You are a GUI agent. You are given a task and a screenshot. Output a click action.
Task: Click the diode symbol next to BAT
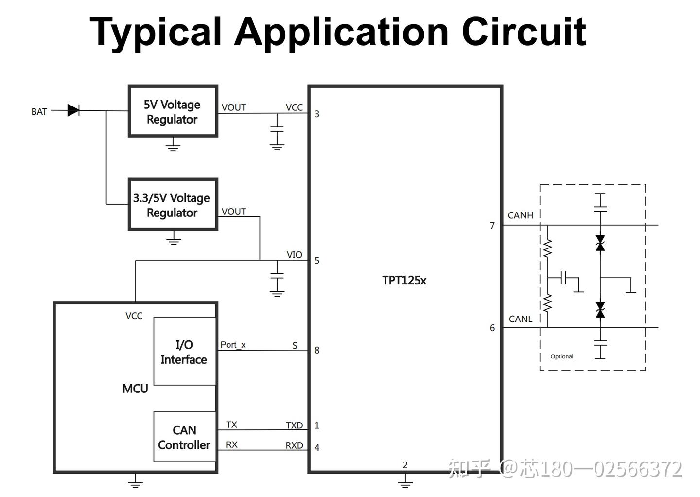[73, 110]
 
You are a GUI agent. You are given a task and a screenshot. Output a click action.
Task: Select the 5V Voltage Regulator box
[173, 111]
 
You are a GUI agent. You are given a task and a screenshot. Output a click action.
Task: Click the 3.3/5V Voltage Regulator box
[173, 205]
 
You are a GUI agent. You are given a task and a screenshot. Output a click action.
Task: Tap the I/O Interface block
[184, 352]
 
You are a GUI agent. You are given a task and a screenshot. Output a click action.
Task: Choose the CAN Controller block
[184, 437]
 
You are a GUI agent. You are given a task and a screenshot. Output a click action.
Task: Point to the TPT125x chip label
[404, 281]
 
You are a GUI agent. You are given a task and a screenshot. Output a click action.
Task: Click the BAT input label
[39, 111]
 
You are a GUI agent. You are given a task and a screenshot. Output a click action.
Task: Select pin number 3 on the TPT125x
[317, 114]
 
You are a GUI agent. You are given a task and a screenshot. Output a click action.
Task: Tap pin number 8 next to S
[317, 350]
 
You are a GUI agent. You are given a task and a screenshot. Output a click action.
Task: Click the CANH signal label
[520, 215]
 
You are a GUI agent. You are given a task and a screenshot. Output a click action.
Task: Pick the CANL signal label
[520, 319]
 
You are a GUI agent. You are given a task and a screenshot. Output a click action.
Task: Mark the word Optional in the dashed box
[561, 356]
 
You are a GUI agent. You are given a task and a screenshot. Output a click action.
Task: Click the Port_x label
[233, 345]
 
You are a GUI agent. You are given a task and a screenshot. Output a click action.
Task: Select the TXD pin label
[294, 426]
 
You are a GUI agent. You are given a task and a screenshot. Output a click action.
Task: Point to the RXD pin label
[294, 445]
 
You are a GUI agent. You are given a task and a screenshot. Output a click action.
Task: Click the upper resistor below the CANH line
[548, 248]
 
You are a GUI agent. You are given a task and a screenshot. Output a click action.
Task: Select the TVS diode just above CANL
[600, 310]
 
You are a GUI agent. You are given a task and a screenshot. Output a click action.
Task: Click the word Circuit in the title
[524, 32]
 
